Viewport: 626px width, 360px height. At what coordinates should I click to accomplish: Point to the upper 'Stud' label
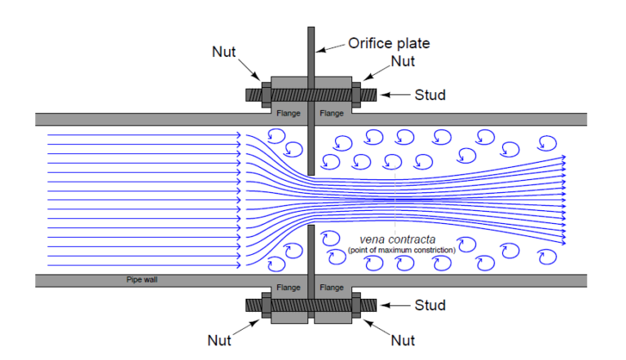click(x=429, y=95)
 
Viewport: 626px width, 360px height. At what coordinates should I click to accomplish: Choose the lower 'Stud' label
click(x=429, y=305)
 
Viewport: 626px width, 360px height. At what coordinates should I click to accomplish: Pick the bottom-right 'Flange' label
click(x=333, y=287)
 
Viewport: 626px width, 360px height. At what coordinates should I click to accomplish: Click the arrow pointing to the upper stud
click(x=394, y=95)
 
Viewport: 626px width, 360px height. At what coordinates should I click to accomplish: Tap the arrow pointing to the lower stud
click(x=394, y=305)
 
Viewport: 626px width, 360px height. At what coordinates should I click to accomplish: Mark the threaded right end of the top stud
click(x=368, y=94)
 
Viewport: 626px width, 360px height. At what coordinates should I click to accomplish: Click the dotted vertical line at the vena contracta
click(x=395, y=204)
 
